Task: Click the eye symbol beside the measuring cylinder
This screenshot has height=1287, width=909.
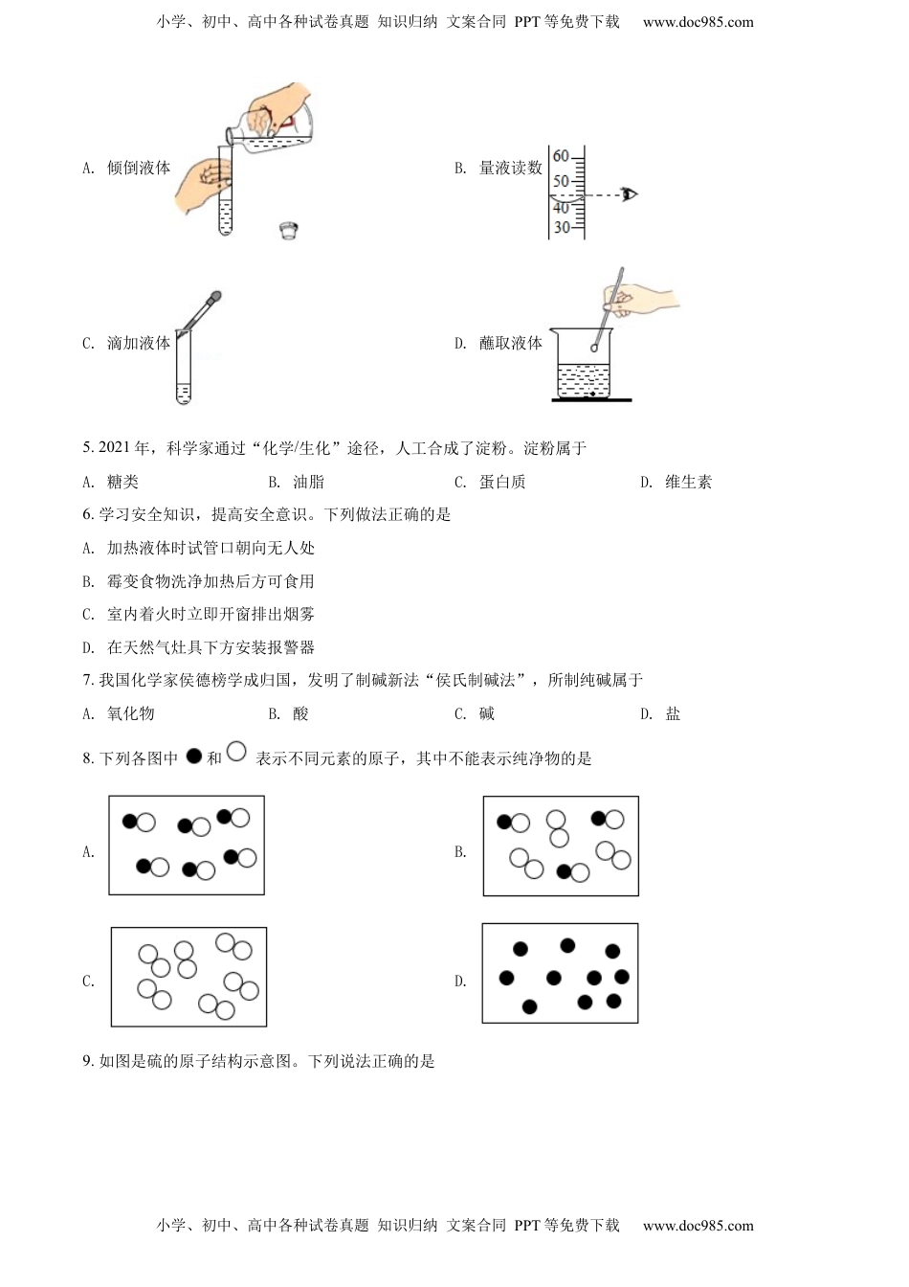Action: click(628, 194)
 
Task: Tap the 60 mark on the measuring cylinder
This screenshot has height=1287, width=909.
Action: click(561, 156)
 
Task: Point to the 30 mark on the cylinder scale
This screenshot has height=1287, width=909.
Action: click(561, 228)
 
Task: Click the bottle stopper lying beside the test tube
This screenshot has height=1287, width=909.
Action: click(288, 230)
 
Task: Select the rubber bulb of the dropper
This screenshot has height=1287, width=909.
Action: click(215, 298)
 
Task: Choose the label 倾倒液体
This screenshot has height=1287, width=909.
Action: click(139, 169)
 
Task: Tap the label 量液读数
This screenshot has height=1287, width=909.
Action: click(510, 169)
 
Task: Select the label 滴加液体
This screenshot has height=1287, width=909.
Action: click(139, 344)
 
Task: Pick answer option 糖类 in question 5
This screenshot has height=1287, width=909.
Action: click(122, 483)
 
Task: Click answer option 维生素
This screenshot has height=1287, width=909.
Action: click(688, 483)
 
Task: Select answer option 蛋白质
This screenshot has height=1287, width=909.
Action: click(502, 483)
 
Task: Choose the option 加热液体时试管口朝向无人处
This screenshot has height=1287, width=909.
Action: click(211, 549)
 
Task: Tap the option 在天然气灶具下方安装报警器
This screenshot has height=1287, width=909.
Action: click(211, 648)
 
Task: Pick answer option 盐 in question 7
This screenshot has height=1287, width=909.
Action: click(673, 714)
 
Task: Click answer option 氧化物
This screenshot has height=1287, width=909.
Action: click(130, 714)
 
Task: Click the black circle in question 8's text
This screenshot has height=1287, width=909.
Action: click(194, 756)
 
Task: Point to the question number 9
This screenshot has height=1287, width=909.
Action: click(88, 1061)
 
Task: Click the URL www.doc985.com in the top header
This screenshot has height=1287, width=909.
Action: click(698, 22)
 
